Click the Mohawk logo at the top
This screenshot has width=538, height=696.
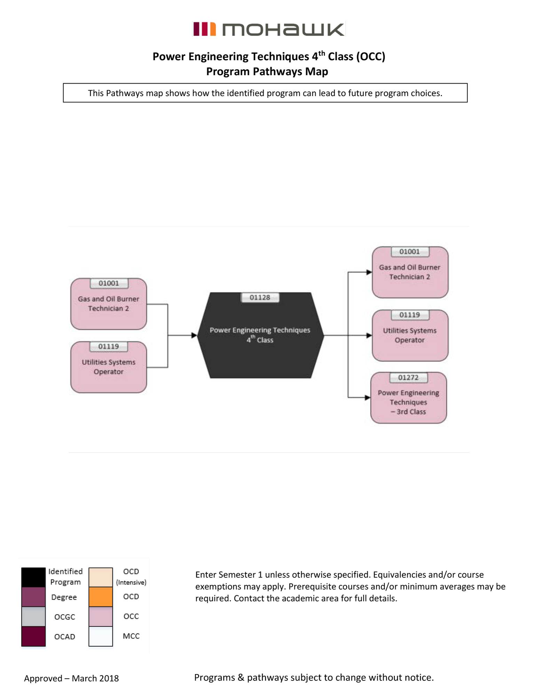coord(269,29)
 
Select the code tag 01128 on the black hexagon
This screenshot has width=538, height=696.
coord(260,298)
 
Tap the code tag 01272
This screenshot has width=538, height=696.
coord(408,378)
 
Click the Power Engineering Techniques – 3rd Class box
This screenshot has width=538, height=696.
coord(409,398)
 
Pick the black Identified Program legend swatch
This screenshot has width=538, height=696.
coord(33,577)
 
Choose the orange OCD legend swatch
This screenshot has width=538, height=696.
coord(101,597)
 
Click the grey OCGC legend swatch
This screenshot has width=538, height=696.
coord(33,617)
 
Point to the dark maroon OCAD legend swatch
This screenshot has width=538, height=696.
coord(33,636)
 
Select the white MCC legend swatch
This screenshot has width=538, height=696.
coord(101,636)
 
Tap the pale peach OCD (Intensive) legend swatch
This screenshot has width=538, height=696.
coord(101,577)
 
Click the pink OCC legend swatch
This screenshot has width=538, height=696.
coord(101,617)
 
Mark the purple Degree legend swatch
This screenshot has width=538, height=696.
coord(33,597)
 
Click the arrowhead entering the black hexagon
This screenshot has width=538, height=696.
coord(194,335)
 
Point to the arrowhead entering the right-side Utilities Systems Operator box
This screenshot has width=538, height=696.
coord(369,335)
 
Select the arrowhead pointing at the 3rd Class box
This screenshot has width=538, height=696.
coord(367,397)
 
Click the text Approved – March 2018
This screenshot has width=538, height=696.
coord(71,678)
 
